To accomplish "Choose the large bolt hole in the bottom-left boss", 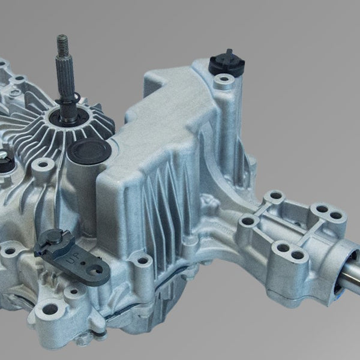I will pos(49,310).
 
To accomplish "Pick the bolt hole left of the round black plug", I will pos(41,164).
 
